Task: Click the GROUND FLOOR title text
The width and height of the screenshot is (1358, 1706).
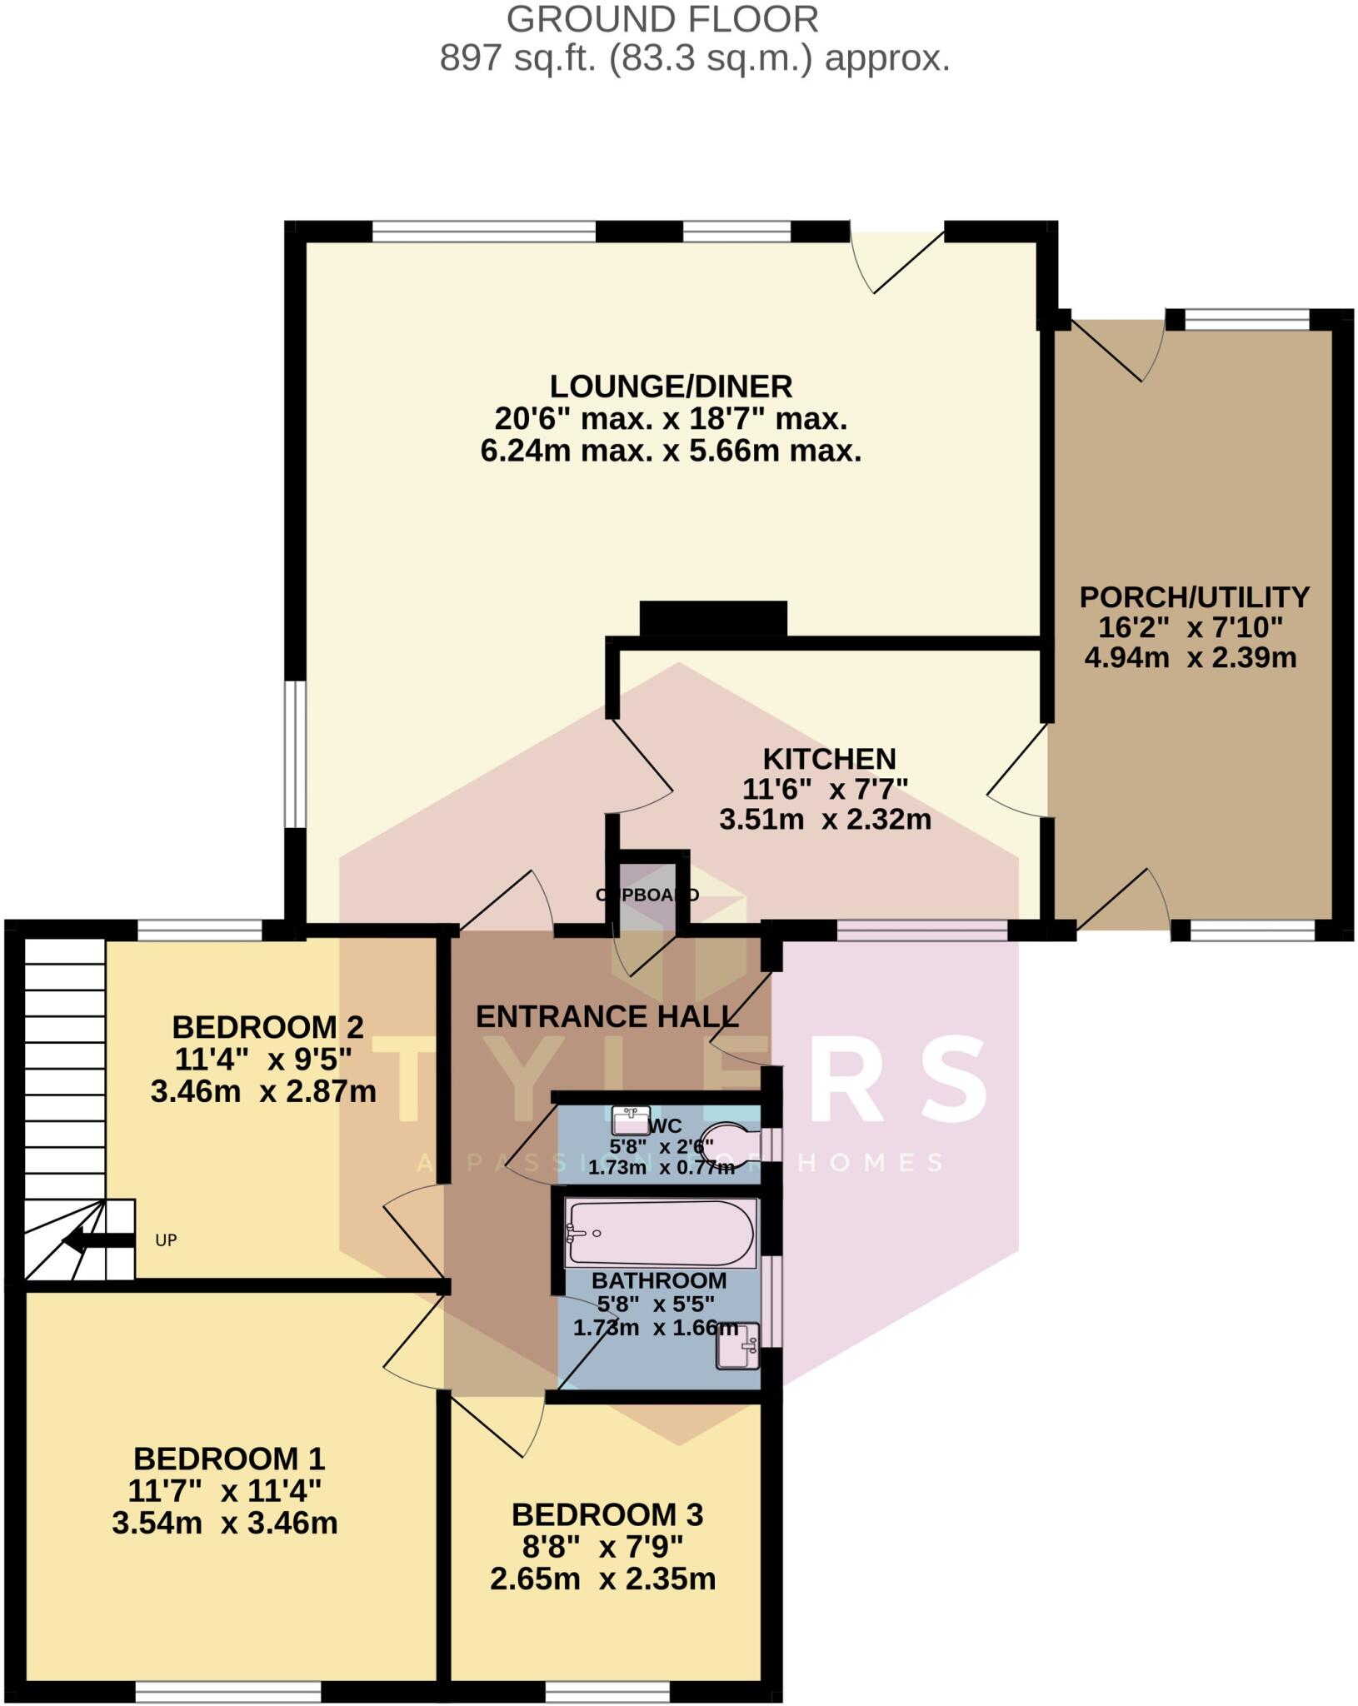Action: pyautogui.click(x=662, y=19)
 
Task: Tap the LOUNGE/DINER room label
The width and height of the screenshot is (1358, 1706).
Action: pyautogui.click(x=671, y=387)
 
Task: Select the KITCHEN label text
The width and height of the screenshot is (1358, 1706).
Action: pyautogui.click(x=829, y=759)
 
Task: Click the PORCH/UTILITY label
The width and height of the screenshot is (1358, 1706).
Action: pyautogui.click(x=1194, y=596)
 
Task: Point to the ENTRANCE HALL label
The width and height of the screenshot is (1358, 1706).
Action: pyautogui.click(x=607, y=1016)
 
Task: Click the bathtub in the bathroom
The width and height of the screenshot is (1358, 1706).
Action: pyautogui.click(x=660, y=1233)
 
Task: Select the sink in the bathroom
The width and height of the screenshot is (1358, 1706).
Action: pyautogui.click(x=737, y=1345)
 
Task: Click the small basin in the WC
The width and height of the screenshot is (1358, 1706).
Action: pyautogui.click(x=631, y=1120)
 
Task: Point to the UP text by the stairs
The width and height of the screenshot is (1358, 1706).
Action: pyautogui.click(x=166, y=1240)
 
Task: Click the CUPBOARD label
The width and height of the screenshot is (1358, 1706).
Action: pyautogui.click(x=647, y=895)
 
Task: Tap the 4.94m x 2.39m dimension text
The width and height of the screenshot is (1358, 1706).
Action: pyautogui.click(x=1190, y=658)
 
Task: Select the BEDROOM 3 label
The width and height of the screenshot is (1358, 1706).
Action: pyautogui.click(x=607, y=1514)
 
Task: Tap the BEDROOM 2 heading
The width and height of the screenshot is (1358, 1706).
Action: pyautogui.click(x=267, y=1026)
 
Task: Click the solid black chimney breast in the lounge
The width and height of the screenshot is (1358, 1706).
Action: pyautogui.click(x=713, y=618)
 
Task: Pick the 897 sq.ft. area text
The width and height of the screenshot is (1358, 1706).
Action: pyautogui.click(x=694, y=59)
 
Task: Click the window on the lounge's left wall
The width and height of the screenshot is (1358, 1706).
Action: pyautogui.click(x=295, y=754)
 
